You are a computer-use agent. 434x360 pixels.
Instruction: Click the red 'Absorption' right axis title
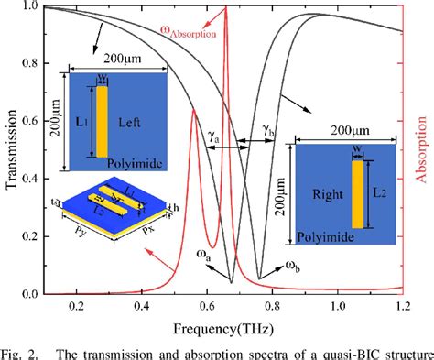coord(423,151)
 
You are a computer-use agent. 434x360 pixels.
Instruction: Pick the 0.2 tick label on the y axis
coord(31,237)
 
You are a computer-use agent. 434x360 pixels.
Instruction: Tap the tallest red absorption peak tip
coord(225,9)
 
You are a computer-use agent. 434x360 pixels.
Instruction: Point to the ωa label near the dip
coord(209,258)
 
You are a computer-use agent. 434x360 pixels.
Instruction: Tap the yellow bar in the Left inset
coord(102,121)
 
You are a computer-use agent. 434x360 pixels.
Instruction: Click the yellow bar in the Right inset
coord(356,193)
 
